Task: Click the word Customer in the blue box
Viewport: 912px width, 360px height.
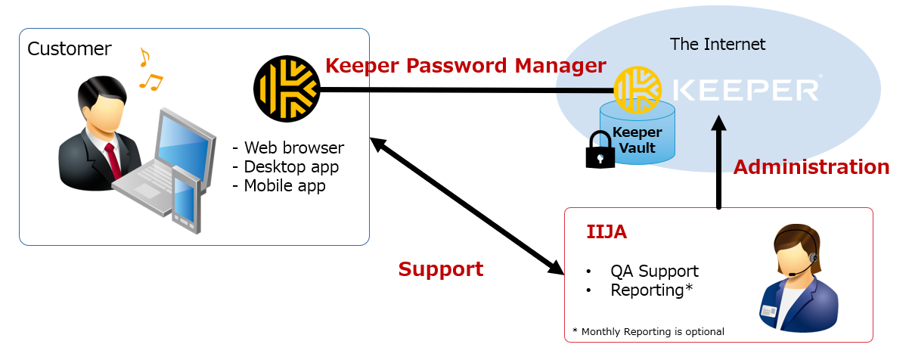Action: click(69, 49)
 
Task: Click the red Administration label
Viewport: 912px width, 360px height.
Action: click(811, 167)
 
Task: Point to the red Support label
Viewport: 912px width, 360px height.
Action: click(440, 269)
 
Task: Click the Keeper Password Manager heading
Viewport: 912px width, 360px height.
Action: click(465, 66)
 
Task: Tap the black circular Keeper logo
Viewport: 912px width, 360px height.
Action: click(287, 89)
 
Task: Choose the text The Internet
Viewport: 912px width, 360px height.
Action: click(717, 44)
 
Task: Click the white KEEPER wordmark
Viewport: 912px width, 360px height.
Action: click(745, 89)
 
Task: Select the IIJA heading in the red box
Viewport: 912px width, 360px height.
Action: click(606, 232)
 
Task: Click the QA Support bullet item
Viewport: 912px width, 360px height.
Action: click(654, 271)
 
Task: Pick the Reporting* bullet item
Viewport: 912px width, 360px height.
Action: click(651, 290)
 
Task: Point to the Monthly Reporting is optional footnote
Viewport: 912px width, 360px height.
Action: click(648, 331)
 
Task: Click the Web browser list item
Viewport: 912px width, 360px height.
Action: click(288, 147)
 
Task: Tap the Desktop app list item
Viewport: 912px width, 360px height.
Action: click(285, 166)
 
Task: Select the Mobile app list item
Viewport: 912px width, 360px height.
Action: click(279, 185)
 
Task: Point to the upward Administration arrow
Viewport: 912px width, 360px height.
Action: click(718, 163)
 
